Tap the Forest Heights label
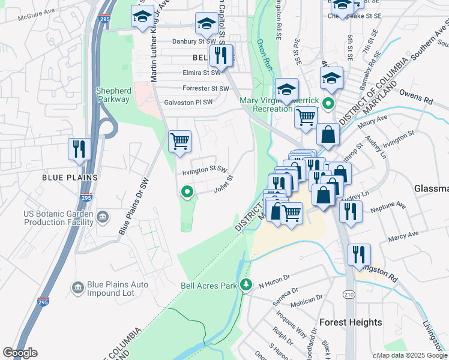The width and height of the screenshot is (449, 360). click(351, 322)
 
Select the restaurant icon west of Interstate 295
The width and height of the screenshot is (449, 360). click(79, 149)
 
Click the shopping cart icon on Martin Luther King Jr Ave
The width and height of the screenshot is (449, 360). click(179, 142)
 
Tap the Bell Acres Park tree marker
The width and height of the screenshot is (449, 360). click(245, 284)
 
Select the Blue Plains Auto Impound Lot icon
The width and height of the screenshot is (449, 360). click(77, 289)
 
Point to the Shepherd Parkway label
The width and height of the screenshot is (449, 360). click(113, 95)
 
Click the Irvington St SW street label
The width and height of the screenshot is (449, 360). click(204, 170)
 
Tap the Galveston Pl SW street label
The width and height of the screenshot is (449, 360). click(188, 103)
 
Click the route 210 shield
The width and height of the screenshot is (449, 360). click(349, 294)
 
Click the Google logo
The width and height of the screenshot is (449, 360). click(20, 353)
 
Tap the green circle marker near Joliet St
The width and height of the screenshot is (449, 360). click(187, 193)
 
